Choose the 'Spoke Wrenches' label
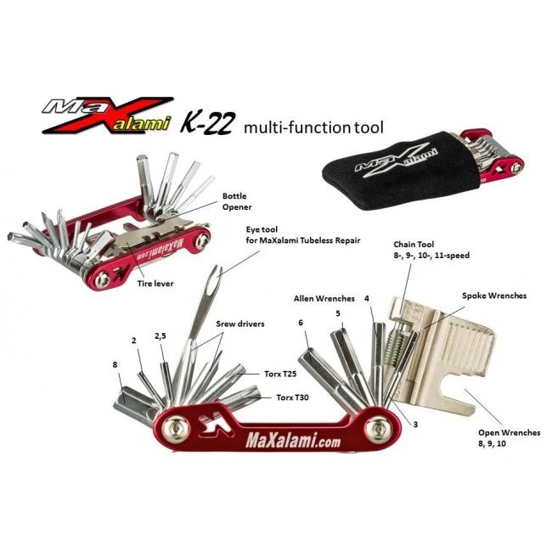click(x=494, y=296)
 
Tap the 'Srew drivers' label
click(x=239, y=324)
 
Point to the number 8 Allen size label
click(x=116, y=364)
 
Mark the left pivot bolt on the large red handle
click(x=174, y=429)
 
